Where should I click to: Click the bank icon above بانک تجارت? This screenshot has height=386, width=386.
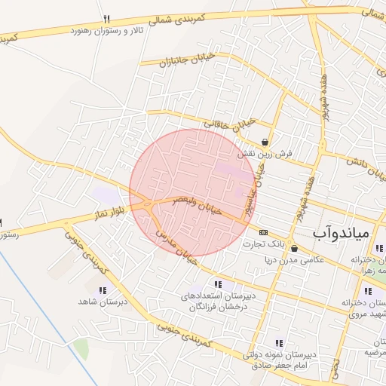(x=263, y=232)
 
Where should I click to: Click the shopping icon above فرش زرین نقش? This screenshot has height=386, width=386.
(x=265, y=142)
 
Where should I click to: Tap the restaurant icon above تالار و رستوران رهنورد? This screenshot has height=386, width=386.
(x=106, y=20)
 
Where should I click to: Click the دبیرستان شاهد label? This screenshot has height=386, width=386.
(x=104, y=302)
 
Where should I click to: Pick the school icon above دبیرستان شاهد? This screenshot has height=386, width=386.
(x=103, y=289)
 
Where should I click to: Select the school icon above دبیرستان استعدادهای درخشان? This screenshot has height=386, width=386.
(x=218, y=284)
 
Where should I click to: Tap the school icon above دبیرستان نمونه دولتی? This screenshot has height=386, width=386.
(x=280, y=343)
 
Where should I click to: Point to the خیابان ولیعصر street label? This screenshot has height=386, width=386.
(x=198, y=206)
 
